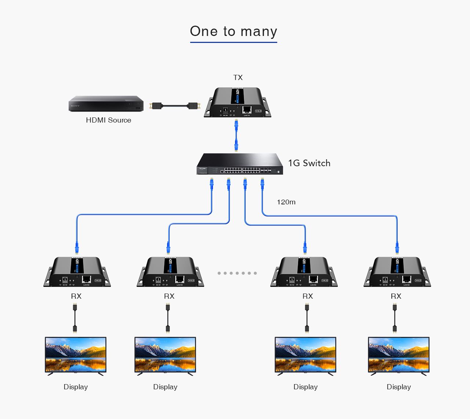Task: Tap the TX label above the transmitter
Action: pyautogui.click(x=238, y=77)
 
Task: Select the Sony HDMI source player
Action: pyautogui.click(x=106, y=103)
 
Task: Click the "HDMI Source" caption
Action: pyautogui.click(x=108, y=120)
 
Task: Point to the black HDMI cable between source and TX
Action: pyautogui.click(x=174, y=106)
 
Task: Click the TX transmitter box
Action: pyautogui.click(x=238, y=102)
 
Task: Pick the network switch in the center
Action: pyautogui.click(x=239, y=164)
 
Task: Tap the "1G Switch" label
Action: pyautogui.click(x=309, y=163)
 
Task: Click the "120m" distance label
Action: pyautogui.click(x=286, y=202)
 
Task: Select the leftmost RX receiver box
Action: pyautogui.click(x=77, y=272)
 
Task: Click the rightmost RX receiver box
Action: pyautogui.click(x=397, y=272)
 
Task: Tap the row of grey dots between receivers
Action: pyautogui.click(x=237, y=273)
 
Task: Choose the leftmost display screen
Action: pyautogui.click(x=76, y=354)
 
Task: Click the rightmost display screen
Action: pyautogui.click(x=399, y=354)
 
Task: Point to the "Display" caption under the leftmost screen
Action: pyautogui.click(x=76, y=387)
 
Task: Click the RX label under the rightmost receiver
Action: pyautogui.click(x=396, y=296)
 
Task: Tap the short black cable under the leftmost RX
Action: pyautogui.click(x=75, y=318)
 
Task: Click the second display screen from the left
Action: pyautogui.click(x=165, y=354)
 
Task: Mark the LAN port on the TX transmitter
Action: pyautogui.click(x=247, y=109)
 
